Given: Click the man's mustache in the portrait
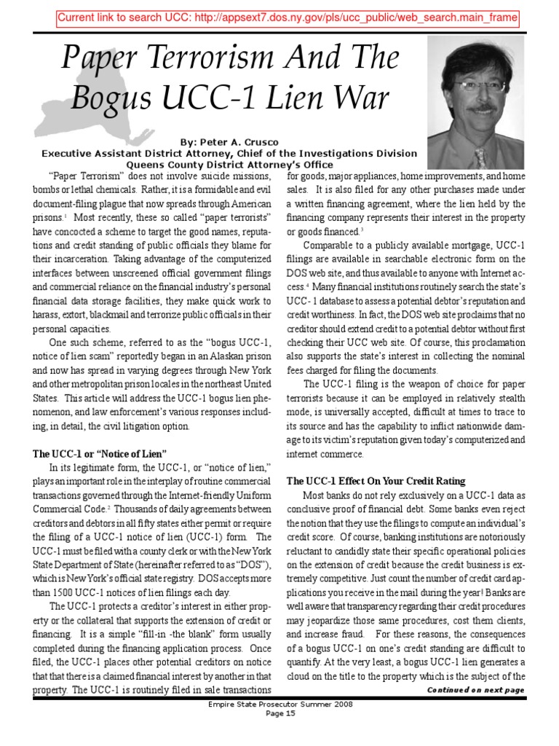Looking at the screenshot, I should click(480, 110).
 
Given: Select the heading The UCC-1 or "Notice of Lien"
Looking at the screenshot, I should click(100, 452).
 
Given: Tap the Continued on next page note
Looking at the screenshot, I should click(475, 689).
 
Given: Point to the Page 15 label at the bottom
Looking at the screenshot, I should click(280, 734).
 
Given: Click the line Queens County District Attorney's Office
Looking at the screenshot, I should click(229, 164).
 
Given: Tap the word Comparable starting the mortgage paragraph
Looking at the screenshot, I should click(330, 244).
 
